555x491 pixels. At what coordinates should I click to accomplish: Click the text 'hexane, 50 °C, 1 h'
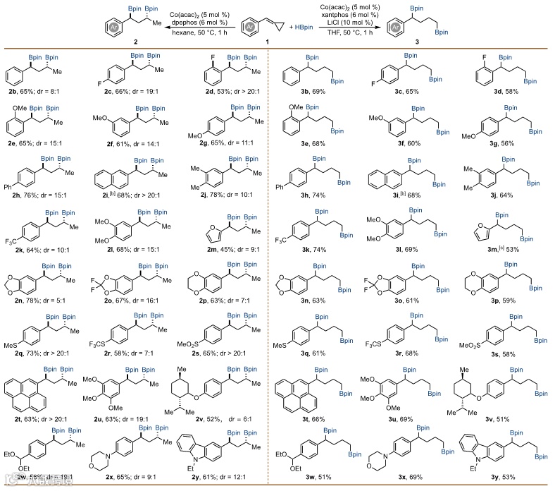pyautogui.click(x=177, y=33)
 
